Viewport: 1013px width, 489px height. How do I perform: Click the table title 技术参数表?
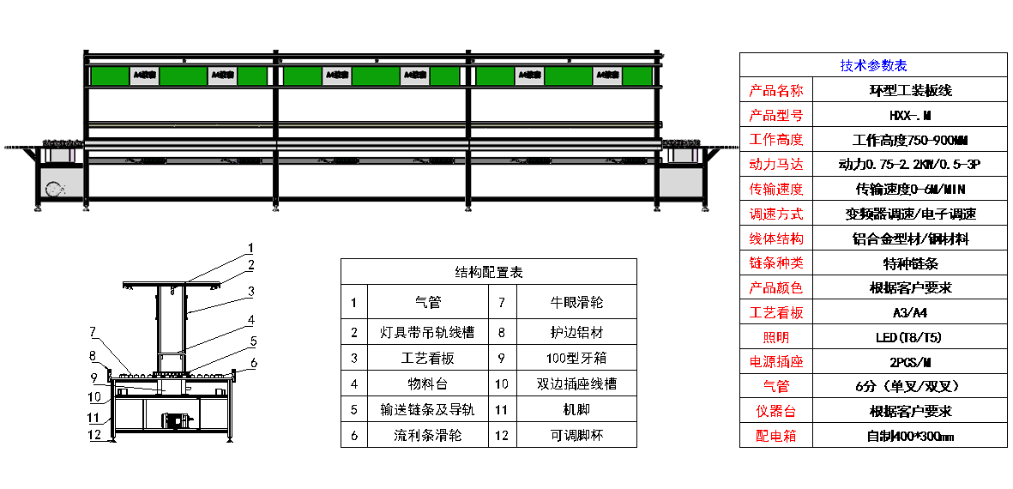tap(873, 65)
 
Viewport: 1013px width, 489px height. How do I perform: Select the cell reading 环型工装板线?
tap(909, 90)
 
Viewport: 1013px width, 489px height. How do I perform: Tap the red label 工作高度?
tap(775, 140)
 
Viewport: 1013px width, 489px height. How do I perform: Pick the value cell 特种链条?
tap(909, 263)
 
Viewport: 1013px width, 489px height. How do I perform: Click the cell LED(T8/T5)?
tap(909, 337)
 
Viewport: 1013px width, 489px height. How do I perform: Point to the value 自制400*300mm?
tap(909, 436)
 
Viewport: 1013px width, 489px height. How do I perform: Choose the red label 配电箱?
tap(775, 436)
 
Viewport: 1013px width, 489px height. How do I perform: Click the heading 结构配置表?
tap(488, 272)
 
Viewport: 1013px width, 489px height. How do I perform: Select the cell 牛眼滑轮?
tap(576, 303)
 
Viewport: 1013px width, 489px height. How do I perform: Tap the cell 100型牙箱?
tap(576, 357)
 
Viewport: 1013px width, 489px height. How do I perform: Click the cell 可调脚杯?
tap(576, 435)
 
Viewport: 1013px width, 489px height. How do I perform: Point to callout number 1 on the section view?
tap(250, 248)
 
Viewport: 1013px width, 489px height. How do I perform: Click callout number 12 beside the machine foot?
tap(98, 434)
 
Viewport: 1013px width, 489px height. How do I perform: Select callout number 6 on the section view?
tap(254, 363)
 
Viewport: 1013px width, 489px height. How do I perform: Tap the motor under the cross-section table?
tap(177, 420)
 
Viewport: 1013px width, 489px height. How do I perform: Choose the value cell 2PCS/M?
tap(909, 362)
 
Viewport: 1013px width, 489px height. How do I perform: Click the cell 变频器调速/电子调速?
tap(909, 214)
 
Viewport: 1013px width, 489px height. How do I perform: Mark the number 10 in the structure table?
tap(503, 383)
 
